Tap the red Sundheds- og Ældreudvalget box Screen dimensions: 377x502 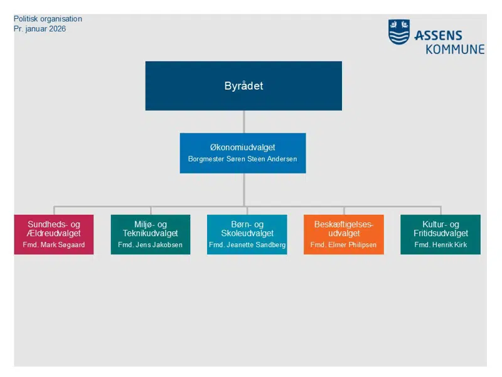pyautogui.click(x=54, y=234)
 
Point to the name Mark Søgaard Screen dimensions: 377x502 pyautogui.click(x=61, y=245)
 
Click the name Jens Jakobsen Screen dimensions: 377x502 pyautogui.click(x=158, y=245)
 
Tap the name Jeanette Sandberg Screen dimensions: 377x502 pyautogui.click(x=255, y=245)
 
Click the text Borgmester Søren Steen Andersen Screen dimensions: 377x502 pyautogui.click(x=242, y=159)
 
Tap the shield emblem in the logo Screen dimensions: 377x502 pyautogui.click(x=399, y=31)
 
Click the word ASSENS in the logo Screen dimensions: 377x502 pyautogui.click(x=437, y=36)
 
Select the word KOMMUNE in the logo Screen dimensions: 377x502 pyautogui.click(x=455, y=49)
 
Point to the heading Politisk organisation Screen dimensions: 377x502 pyautogui.click(x=48, y=19)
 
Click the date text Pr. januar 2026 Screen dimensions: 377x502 pyautogui.click(x=40, y=29)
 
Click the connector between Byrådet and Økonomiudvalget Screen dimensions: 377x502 pyautogui.click(x=243, y=121)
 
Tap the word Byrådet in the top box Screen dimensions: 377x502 pyautogui.click(x=243, y=86)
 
